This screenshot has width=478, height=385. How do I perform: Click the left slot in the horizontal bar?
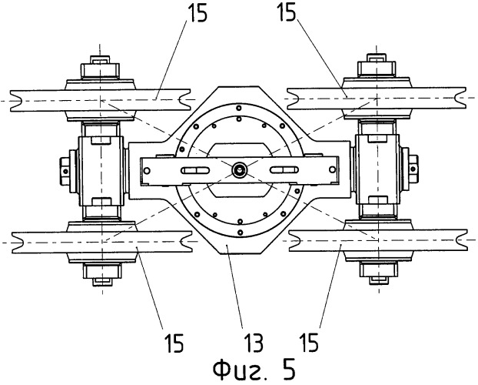click(x=195, y=169)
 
